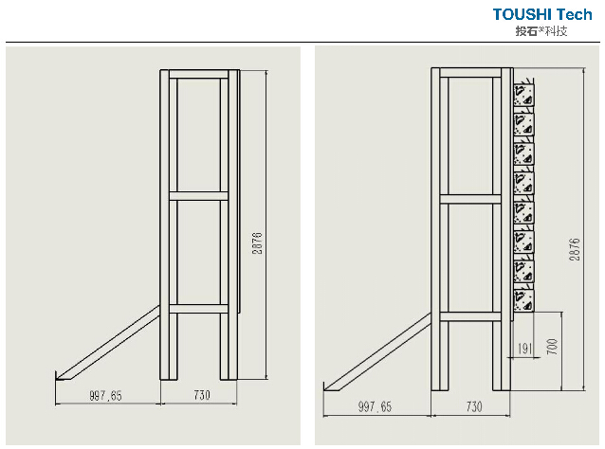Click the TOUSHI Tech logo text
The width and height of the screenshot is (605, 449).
(542, 14)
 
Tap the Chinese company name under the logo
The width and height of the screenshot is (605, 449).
(541, 31)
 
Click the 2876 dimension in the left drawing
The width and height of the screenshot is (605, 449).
(257, 242)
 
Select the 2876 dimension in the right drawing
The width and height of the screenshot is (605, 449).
(575, 249)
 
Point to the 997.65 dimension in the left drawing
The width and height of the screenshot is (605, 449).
(105, 395)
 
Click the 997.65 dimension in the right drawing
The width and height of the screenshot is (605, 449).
(375, 406)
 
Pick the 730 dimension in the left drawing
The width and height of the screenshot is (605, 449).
(202, 395)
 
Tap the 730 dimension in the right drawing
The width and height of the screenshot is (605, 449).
(474, 406)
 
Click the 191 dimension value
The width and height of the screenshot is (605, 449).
(524, 349)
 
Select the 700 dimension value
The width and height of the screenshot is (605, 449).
(552, 347)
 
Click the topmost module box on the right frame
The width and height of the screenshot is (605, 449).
(523, 95)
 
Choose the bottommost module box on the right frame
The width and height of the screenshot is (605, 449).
(523, 300)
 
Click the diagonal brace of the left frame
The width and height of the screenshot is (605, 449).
(108, 343)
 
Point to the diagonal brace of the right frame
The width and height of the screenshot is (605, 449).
(377, 352)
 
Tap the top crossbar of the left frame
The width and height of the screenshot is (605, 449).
(199, 75)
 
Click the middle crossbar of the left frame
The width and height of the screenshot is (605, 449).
(199, 196)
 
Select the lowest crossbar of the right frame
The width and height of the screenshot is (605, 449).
(470, 316)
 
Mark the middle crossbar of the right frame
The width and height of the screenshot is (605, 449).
(470, 199)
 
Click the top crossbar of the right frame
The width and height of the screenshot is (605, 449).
(470, 73)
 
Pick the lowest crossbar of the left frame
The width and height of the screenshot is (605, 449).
(199, 309)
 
